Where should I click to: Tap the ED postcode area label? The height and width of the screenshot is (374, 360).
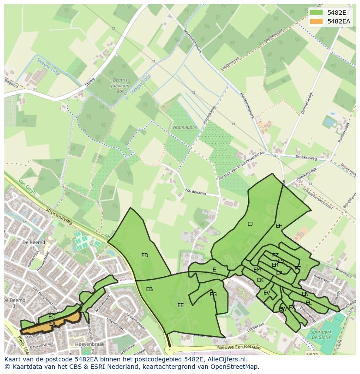(145, 255)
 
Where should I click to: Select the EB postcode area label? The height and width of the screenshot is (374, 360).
(149, 289)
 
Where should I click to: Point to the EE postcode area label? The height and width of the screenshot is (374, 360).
(180, 305)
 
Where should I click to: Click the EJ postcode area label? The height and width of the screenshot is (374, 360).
(250, 224)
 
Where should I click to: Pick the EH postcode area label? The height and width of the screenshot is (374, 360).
(279, 226)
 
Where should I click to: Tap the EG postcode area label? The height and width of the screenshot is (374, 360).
(213, 295)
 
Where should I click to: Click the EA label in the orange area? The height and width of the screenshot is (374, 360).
(52, 324)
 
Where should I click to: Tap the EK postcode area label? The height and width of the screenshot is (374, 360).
(260, 280)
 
